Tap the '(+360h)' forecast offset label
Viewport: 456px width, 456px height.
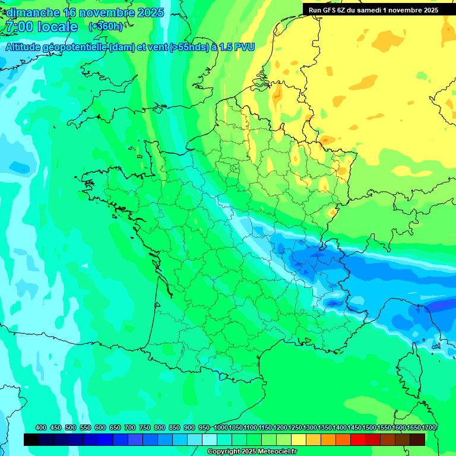point(105,27)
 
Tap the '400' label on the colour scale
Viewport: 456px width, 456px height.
point(41,427)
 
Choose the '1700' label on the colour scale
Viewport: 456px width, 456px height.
point(429,427)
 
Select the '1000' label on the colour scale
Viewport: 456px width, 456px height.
point(221,427)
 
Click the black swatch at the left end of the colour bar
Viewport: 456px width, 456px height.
point(31,439)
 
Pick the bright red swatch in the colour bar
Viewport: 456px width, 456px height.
point(357,439)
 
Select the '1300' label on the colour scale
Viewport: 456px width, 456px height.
point(310,427)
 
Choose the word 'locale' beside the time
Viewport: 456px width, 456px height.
point(58,27)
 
